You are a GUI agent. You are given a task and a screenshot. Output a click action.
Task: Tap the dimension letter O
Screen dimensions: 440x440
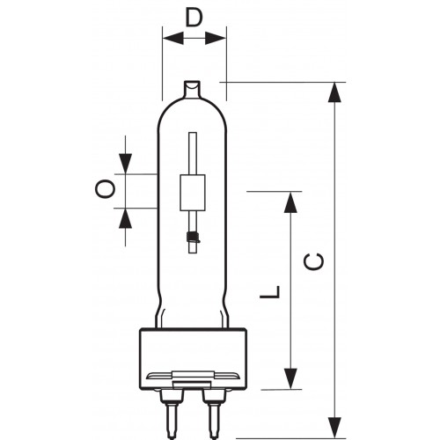pyautogui.click(x=105, y=189)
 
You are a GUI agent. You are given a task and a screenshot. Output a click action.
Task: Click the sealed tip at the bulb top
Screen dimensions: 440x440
pyautogui.click(x=194, y=89)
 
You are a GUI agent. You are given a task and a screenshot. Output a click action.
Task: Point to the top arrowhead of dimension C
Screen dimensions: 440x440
pyautogui.click(x=335, y=92)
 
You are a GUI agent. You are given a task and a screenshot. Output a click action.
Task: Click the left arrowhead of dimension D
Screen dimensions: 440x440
pyautogui.click(x=170, y=39)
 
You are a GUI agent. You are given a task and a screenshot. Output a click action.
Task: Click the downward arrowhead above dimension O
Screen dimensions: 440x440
pyautogui.click(x=126, y=164)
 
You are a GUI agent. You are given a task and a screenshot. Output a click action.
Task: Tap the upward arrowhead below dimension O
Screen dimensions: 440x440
pyautogui.click(x=126, y=216)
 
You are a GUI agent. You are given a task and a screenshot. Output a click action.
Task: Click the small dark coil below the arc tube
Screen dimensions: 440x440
pyautogui.click(x=192, y=235)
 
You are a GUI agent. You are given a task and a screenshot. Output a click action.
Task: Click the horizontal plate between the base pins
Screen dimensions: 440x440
pyautogui.click(x=193, y=377)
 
